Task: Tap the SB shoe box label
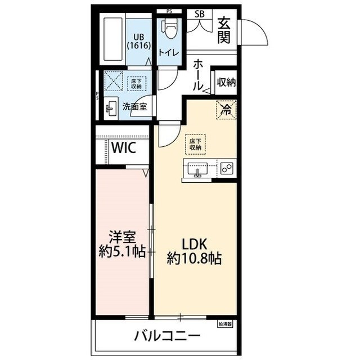(x=200, y=14)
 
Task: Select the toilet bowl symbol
(x=169, y=28)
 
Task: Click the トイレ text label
(x=169, y=52)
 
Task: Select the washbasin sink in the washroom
(x=111, y=107)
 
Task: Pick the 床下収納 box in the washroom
(x=136, y=84)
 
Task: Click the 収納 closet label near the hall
(x=226, y=82)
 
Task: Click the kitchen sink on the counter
(x=197, y=169)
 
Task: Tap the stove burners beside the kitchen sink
(x=227, y=168)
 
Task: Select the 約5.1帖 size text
(x=122, y=251)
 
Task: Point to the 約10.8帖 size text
(x=194, y=259)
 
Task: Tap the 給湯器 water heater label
(x=225, y=324)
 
